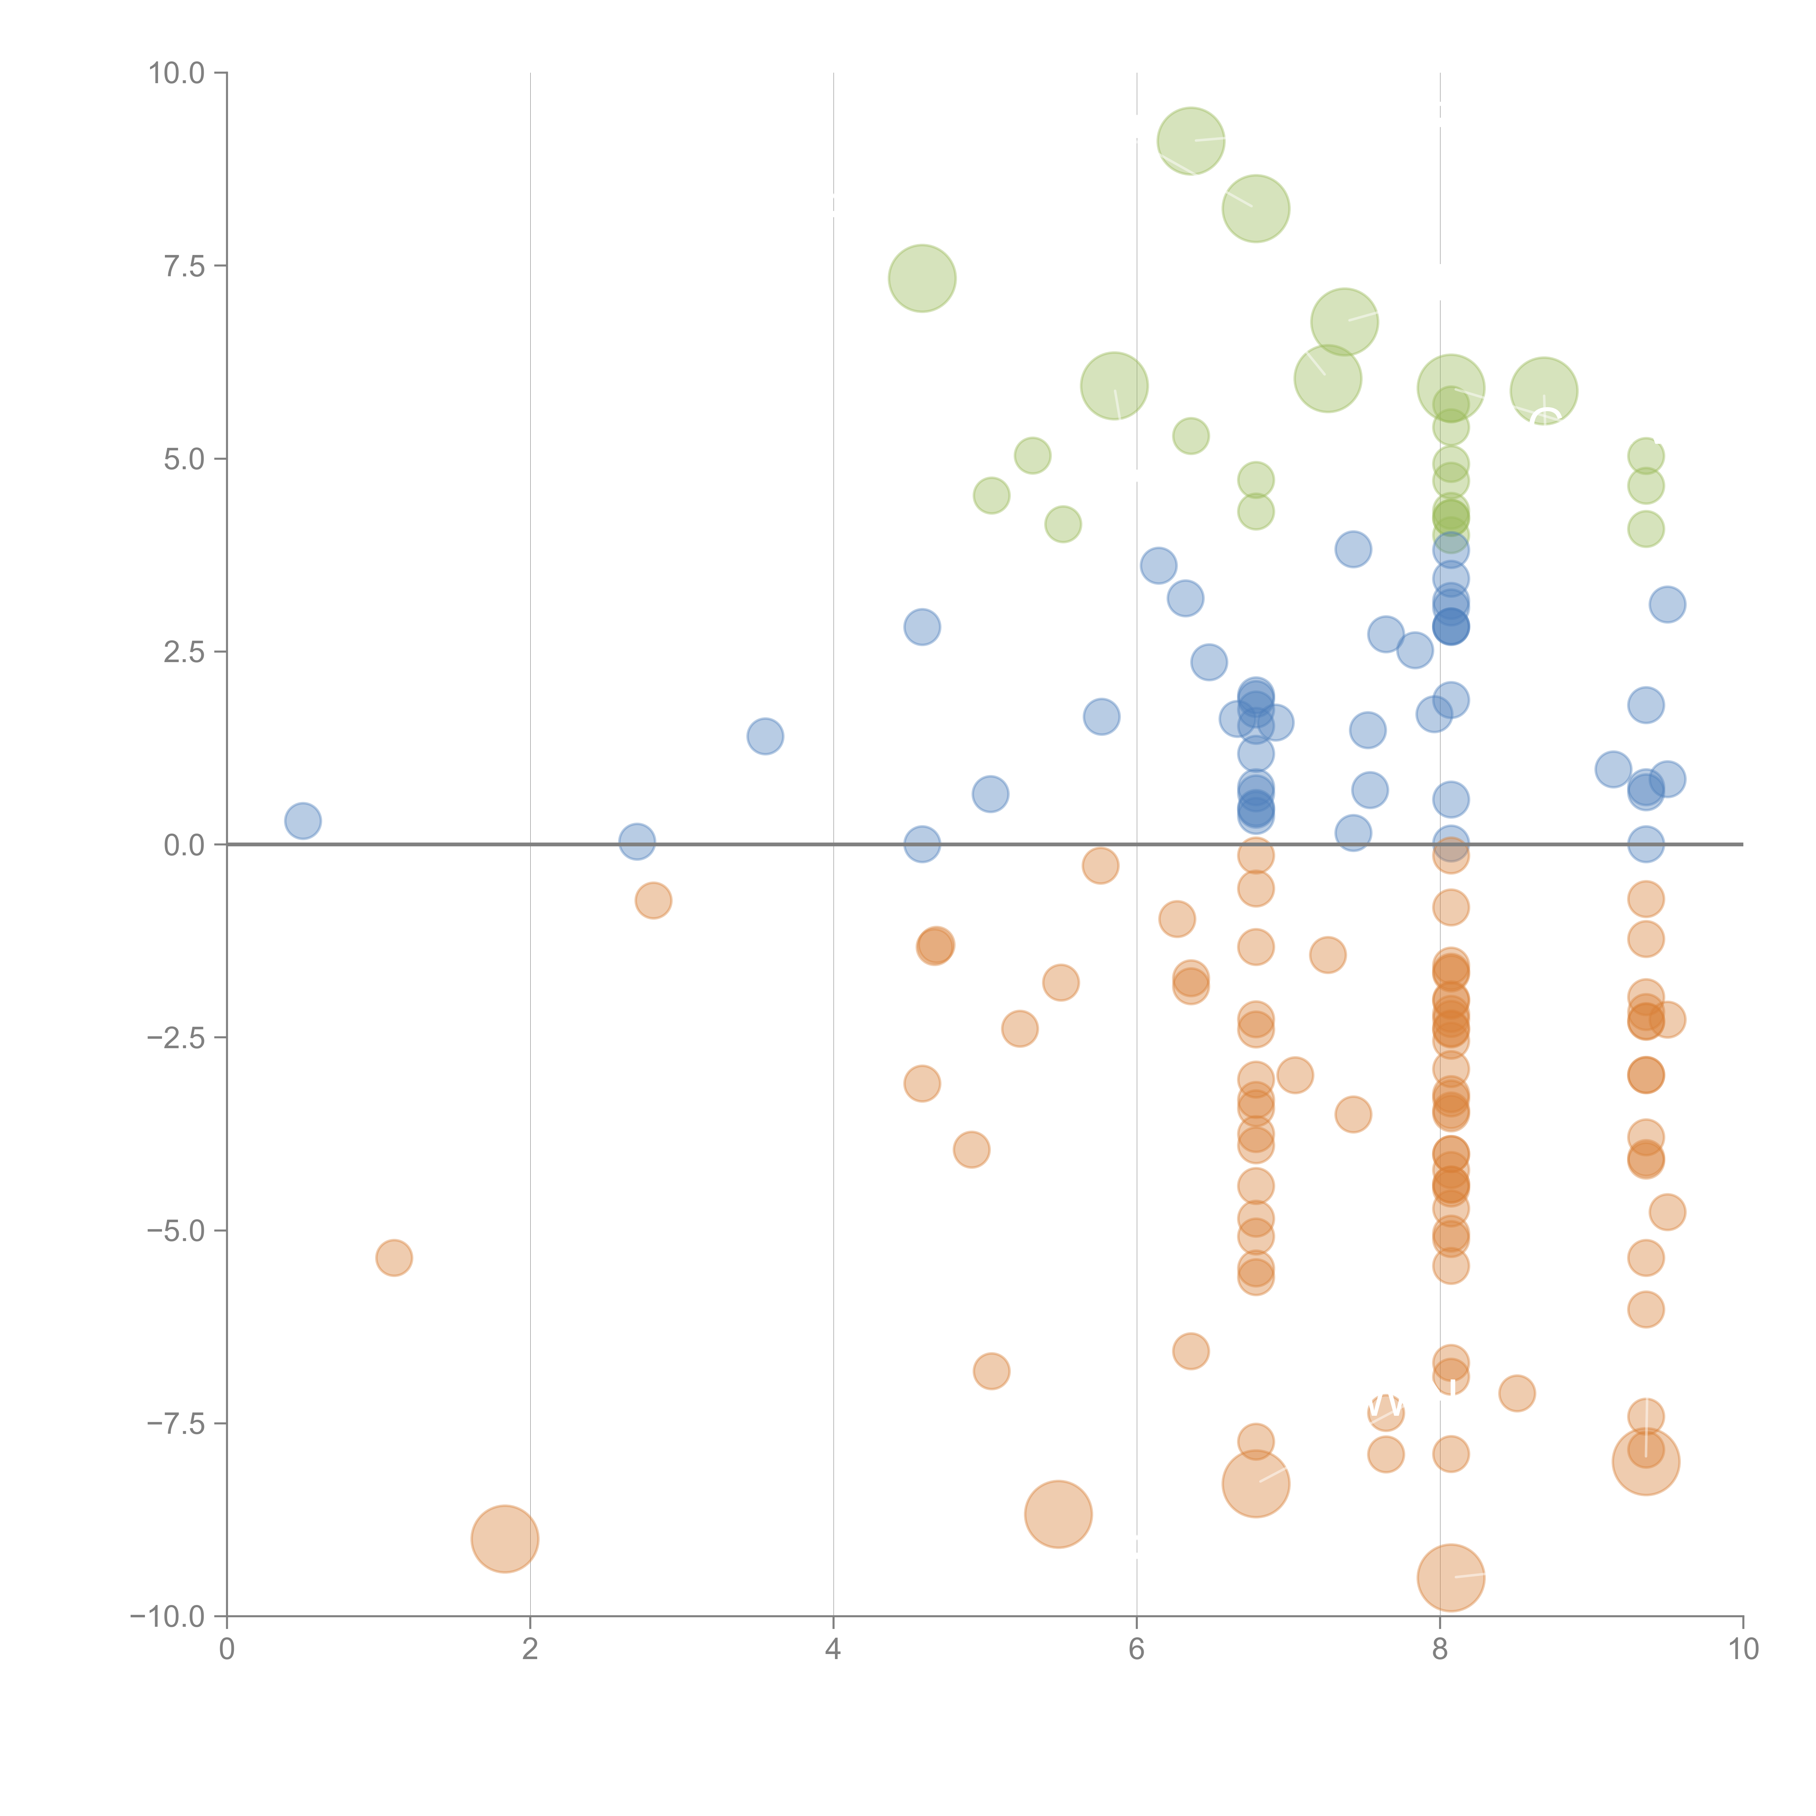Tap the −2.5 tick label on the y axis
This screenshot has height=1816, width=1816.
click(x=176, y=1038)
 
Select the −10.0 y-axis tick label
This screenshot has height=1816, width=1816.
click(x=167, y=1617)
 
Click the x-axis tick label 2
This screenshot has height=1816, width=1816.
click(x=530, y=1650)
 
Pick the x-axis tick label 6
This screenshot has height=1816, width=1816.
click(x=1136, y=1650)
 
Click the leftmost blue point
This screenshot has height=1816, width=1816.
click(x=303, y=820)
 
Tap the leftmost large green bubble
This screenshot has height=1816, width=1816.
click(x=922, y=278)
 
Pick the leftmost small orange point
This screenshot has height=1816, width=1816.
click(x=394, y=1258)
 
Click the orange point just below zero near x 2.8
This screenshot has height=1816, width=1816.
click(x=653, y=900)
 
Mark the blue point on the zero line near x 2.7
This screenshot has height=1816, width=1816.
click(x=636, y=841)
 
